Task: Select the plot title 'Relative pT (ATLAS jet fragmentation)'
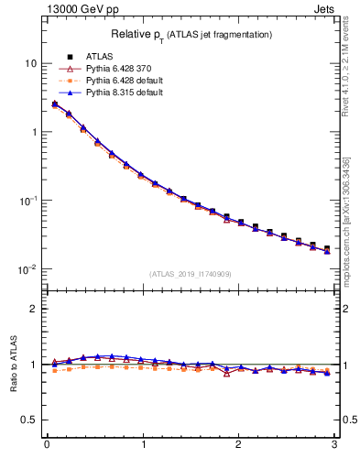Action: [x=191, y=34]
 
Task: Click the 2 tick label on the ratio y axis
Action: [x=33, y=309]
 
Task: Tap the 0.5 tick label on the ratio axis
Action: [x=29, y=420]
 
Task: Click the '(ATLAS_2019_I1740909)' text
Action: [x=191, y=274]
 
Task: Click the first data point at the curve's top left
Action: [x=54, y=104]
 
